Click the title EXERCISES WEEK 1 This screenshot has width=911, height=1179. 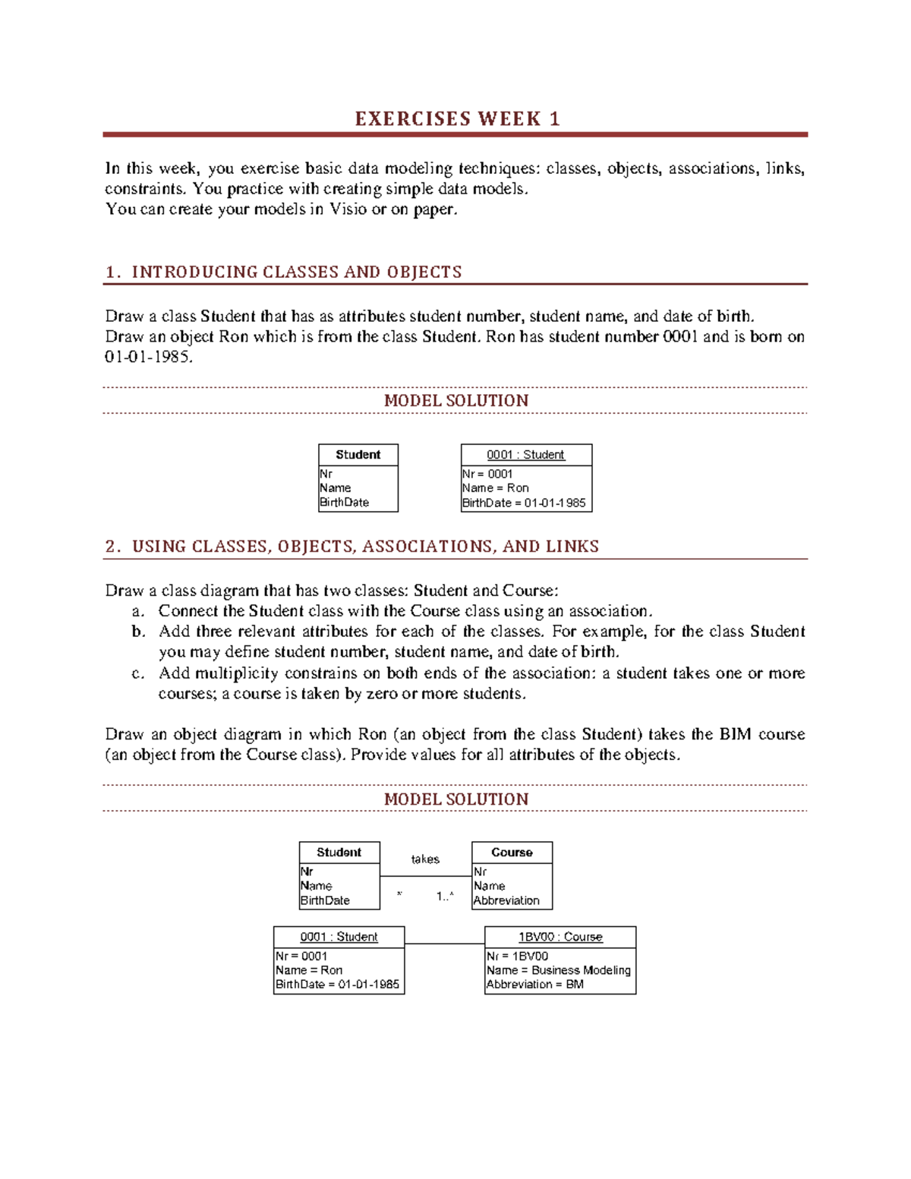tap(457, 119)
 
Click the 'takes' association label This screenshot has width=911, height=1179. tap(425, 859)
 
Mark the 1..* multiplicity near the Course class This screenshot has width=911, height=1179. tap(445, 897)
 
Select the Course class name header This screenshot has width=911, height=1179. tap(512, 853)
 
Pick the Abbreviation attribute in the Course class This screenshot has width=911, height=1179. tap(506, 901)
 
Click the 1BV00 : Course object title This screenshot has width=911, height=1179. tap(560, 938)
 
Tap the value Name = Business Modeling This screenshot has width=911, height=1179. tap(559, 970)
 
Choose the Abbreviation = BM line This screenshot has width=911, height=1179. tap(535, 985)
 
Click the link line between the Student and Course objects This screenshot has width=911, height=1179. tap(444, 944)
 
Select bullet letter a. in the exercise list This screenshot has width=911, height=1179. tap(137, 612)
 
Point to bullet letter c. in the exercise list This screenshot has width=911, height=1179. tap(137, 673)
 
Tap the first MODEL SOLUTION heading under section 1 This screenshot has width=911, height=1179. tap(455, 401)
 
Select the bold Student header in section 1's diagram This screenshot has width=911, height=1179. tap(358, 455)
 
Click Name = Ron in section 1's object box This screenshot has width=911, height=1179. tap(496, 488)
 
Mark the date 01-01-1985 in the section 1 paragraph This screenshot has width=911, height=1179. tap(148, 357)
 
